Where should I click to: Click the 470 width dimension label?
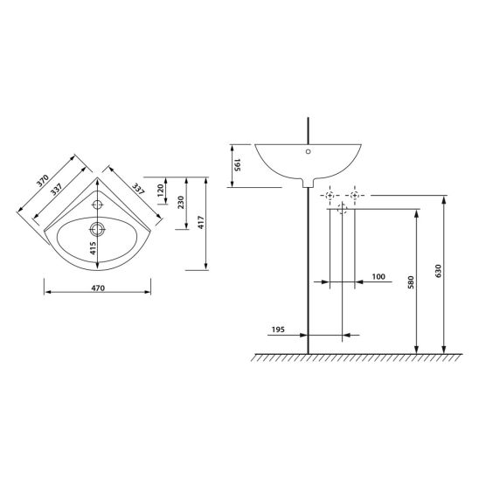[x=98, y=288]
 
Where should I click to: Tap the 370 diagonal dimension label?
[x=43, y=181]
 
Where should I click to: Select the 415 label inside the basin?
[x=93, y=248]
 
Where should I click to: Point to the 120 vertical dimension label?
[x=160, y=191]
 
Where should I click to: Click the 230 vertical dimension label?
[x=181, y=202]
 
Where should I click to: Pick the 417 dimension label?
[x=201, y=222]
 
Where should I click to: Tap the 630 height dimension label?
[x=438, y=271]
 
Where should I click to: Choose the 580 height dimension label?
[x=411, y=282]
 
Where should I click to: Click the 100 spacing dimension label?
[x=378, y=276]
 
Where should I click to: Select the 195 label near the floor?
[x=278, y=330]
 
